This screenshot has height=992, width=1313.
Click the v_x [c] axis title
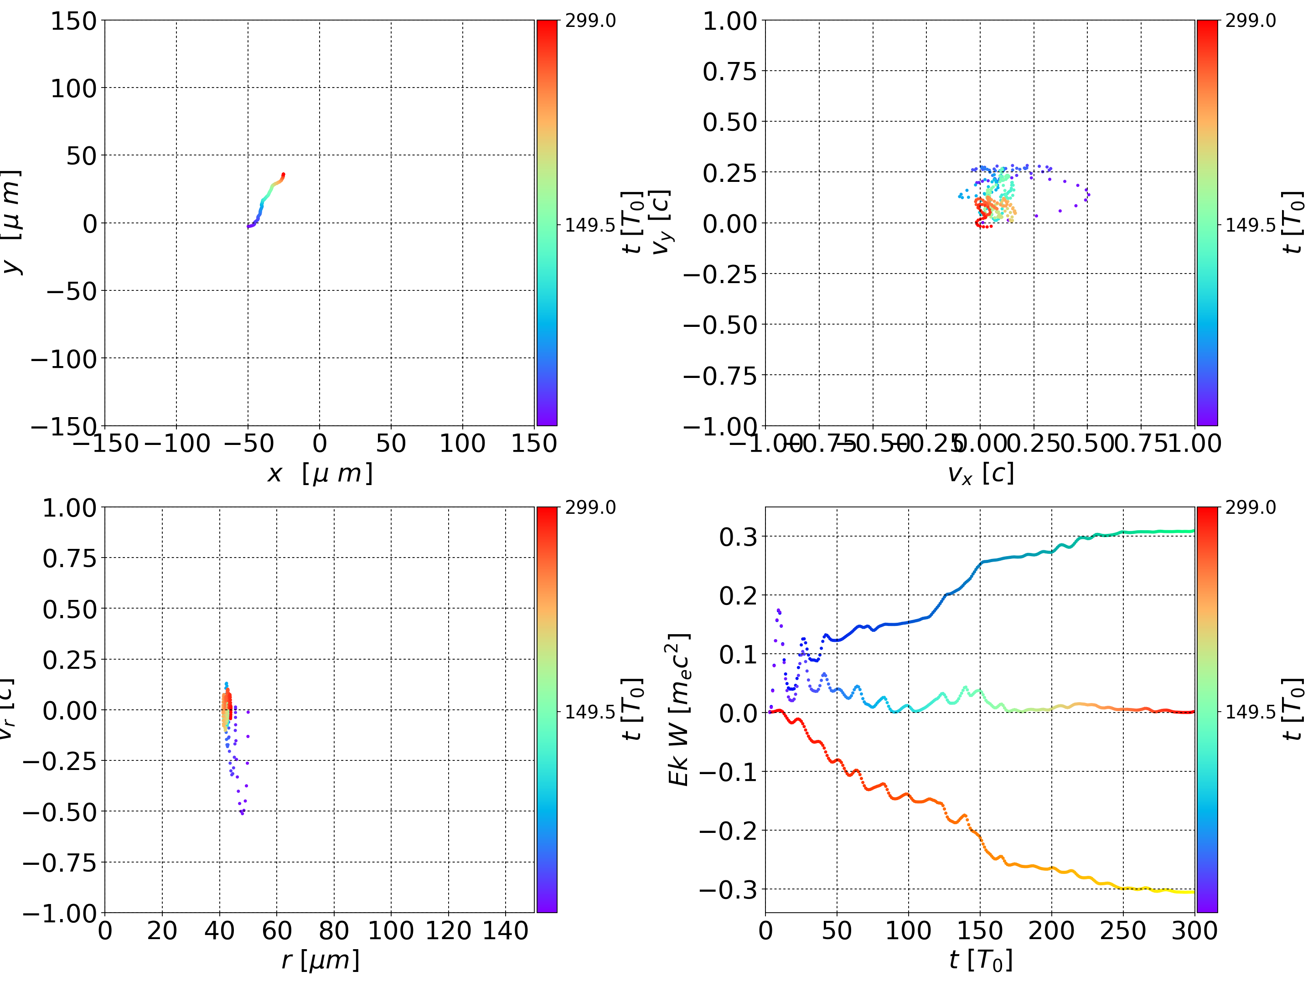(x=980, y=473)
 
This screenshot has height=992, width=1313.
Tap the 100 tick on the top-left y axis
(x=73, y=88)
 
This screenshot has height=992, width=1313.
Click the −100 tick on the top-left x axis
(x=177, y=444)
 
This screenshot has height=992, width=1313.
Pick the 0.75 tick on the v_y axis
(x=729, y=71)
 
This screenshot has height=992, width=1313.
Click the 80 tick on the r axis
(x=334, y=930)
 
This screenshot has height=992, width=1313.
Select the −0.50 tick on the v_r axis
(x=59, y=811)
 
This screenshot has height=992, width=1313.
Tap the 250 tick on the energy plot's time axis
(x=1123, y=930)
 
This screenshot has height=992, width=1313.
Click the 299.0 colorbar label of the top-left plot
(x=590, y=21)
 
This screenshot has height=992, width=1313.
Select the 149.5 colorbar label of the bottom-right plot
(x=1250, y=711)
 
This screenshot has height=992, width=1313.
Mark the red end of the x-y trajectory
(x=283, y=175)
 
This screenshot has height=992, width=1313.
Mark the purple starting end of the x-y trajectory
(x=248, y=227)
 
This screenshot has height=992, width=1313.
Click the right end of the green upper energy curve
(x=1193, y=531)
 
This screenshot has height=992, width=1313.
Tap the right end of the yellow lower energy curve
(x=1193, y=892)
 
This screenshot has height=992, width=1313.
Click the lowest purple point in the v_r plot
(x=242, y=813)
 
